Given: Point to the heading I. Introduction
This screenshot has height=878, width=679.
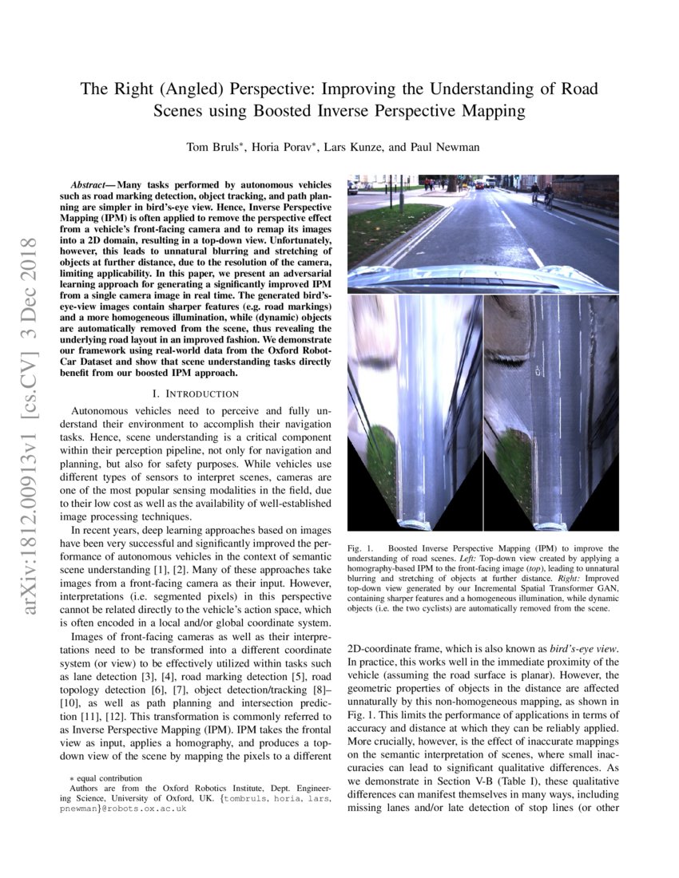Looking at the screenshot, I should (195, 394).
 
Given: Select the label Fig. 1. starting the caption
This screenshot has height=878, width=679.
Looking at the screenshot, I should (362, 548).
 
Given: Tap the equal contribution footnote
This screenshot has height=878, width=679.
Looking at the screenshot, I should (106, 777).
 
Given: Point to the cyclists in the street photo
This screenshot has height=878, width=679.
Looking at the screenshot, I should (541, 194).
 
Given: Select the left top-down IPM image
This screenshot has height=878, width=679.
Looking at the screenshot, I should (414, 411).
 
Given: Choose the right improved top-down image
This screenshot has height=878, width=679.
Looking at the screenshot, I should (550, 411).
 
